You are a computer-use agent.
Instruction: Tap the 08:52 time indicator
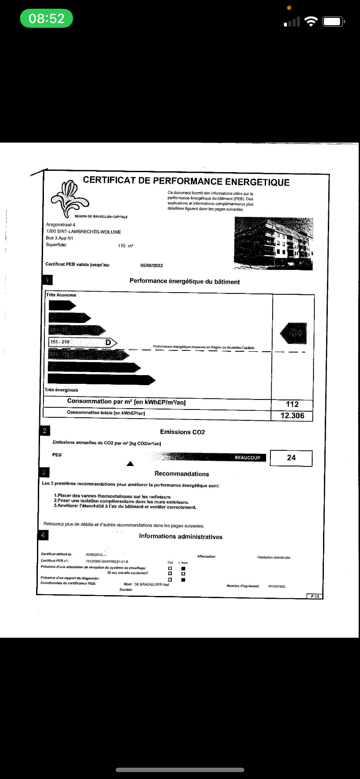click(47, 18)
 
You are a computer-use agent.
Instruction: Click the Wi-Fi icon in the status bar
click(311, 21)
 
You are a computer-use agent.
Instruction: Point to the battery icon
click(333, 21)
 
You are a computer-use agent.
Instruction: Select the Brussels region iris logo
click(70, 198)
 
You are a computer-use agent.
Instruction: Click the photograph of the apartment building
click(273, 243)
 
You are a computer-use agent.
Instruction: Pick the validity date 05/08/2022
click(151, 265)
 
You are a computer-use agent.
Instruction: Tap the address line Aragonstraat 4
click(60, 225)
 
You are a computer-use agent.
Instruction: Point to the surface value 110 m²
click(125, 246)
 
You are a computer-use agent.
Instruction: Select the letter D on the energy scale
click(108, 343)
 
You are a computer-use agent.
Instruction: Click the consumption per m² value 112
click(292, 404)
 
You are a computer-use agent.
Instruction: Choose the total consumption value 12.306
click(292, 416)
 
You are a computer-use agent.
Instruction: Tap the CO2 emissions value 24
click(291, 458)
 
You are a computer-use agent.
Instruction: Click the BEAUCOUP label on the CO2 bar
click(247, 457)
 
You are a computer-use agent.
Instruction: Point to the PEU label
click(57, 455)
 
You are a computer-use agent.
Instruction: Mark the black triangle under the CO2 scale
click(130, 464)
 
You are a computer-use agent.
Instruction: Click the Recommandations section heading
click(182, 474)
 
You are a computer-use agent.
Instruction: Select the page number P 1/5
click(315, 596)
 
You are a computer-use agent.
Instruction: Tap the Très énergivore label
click(61, 390)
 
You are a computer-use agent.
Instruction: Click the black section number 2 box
click(45, 431)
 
